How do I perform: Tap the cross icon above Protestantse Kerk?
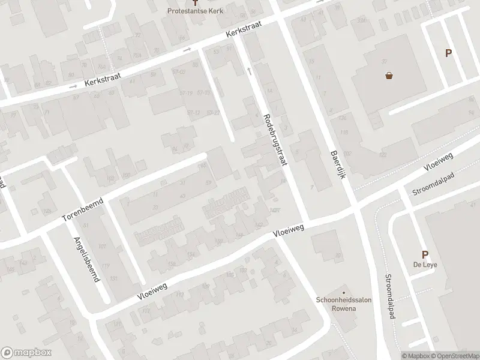tap(203, 3)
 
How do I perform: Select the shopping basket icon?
tap(389, 76)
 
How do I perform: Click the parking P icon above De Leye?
tap(425, 254)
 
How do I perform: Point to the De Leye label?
tap(424, 266)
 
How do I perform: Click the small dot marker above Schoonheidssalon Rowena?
tap(344, 290)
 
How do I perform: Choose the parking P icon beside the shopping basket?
tap(448, 53)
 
